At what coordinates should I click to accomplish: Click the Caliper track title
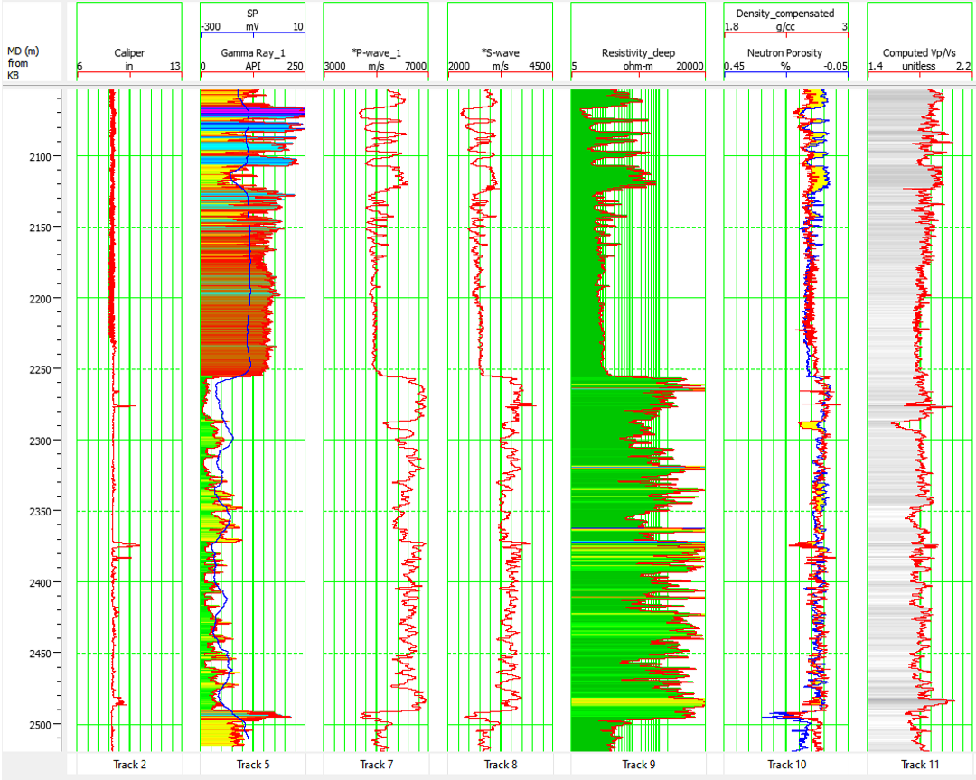click(129, 53)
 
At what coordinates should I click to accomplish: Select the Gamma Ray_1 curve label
click(253, 53)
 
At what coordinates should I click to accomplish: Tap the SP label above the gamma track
click(252, 14)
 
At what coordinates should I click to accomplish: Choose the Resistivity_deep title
click(638, 53)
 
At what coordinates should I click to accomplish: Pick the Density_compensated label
click(785, 14)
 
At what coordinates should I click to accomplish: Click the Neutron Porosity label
click(785, 53)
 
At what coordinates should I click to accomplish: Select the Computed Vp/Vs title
click(918, 53)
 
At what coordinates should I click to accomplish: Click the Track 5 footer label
click(253, 765)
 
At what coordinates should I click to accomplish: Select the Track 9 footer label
click(638, 765)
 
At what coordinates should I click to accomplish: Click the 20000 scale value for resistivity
click(690, 66)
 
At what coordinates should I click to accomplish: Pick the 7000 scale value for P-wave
click(415, 66)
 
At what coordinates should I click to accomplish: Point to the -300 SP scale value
click(211, 27)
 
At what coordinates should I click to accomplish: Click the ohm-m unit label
click(638, 66)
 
